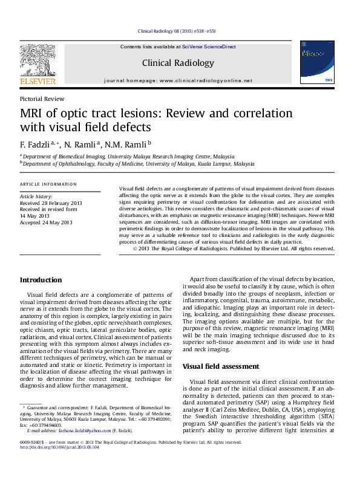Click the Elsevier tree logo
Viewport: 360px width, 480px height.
click(38, 60)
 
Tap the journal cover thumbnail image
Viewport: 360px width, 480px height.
click(316, 66)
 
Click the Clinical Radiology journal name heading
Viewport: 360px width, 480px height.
click(177, 63)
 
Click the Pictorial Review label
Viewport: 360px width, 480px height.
click(42, 99)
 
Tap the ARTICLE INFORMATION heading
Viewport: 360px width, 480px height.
click(48, 184)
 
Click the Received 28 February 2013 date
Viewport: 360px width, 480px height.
click(51, 203)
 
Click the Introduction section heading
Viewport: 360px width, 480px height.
click(41, 280)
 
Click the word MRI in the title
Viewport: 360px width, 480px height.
click(34, 114)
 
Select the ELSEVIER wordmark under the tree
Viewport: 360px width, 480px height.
click(38, 81)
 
